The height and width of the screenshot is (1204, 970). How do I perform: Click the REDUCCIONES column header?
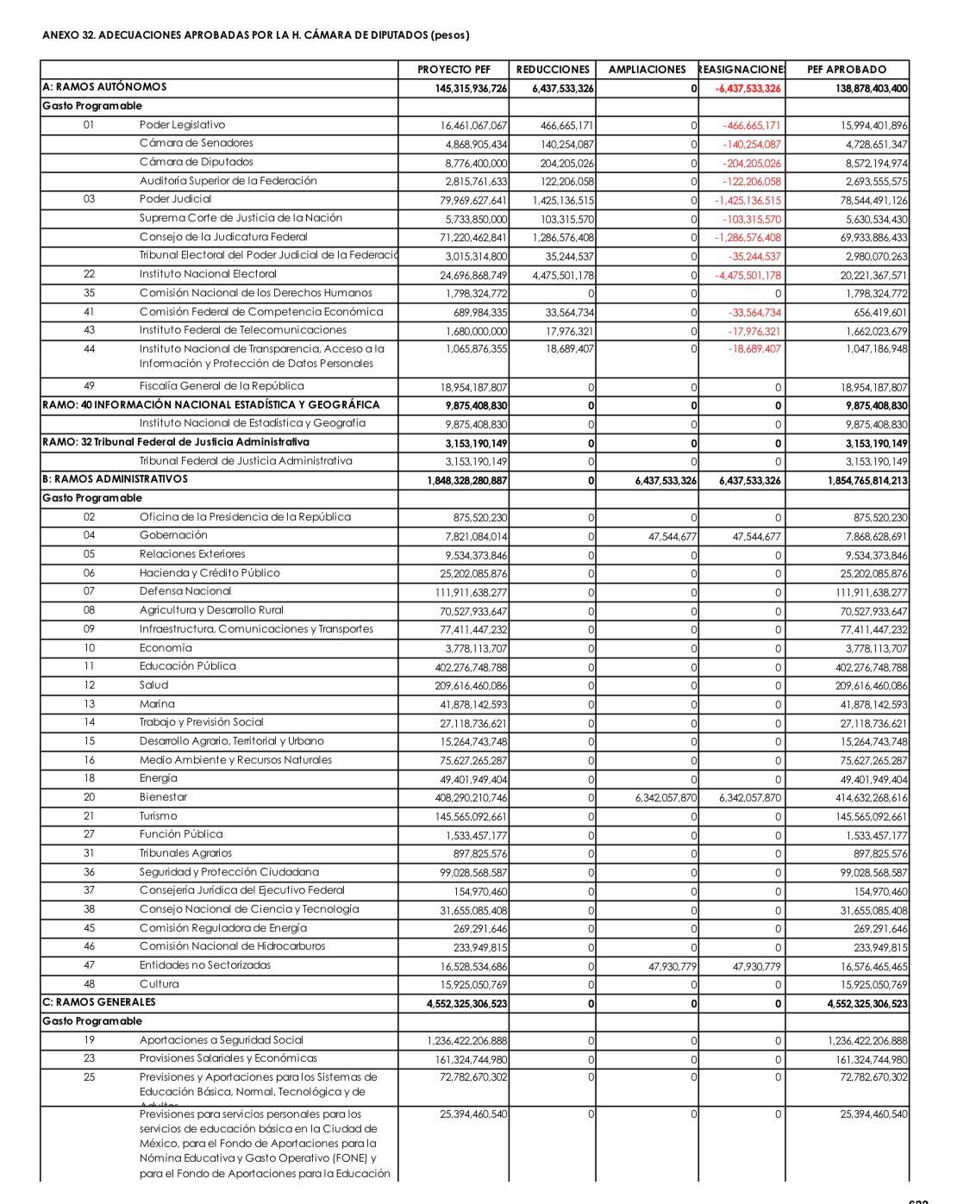coord(553,70)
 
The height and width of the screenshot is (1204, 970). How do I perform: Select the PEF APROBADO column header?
coord(846,70)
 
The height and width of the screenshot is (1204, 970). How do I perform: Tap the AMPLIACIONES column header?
coord(647,70)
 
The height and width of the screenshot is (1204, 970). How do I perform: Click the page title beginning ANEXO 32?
coord(256,35)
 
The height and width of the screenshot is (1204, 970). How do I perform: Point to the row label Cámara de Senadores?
coord(197,144)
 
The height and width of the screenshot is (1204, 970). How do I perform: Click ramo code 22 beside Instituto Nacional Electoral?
coord(90,274)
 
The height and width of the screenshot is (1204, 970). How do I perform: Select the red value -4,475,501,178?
coord(748,276)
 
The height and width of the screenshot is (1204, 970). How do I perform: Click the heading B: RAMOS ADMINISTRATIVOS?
coord(115,479)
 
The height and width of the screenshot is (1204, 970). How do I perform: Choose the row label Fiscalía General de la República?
coord(222,386)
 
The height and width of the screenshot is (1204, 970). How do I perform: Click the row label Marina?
coord(157,704)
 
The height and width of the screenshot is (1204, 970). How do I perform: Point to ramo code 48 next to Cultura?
coord(90,984)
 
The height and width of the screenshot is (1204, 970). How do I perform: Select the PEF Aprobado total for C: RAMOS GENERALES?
coord(867,1004)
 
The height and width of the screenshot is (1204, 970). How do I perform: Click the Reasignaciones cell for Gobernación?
coord(755,537)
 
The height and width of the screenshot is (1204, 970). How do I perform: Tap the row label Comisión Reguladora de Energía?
coord(223,928)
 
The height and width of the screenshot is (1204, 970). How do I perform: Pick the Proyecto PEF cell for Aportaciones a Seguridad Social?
coord(466,1041)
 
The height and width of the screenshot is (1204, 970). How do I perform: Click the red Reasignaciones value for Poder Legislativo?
coord(751,126)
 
